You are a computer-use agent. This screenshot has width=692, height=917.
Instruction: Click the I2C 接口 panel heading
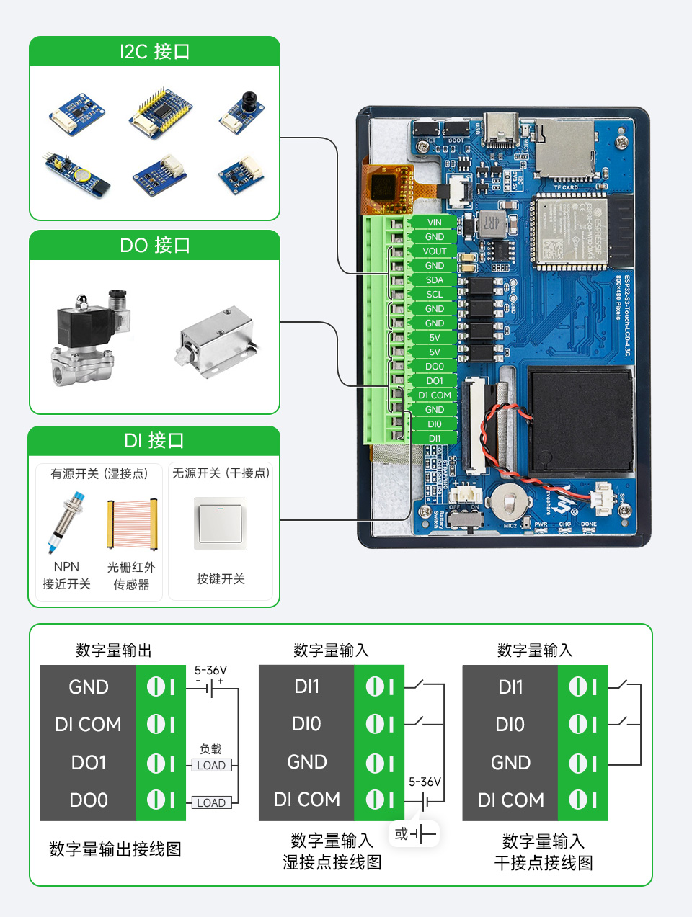coord(154,52)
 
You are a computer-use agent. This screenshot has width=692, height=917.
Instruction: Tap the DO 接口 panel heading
coord(154,246)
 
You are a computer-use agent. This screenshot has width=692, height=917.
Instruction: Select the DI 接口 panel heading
coord(154,441)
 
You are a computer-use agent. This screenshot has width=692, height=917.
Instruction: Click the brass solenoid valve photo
coord(90,337)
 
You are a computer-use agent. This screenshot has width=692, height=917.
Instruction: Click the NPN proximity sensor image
coord(66,522)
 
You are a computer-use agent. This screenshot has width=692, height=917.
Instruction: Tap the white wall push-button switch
coord(221,524)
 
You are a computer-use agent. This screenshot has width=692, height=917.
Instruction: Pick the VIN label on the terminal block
coord(434,223)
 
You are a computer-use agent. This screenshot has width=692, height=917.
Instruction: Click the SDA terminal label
coord(434,280)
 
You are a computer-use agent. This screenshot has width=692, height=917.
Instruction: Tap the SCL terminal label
coord(434,295)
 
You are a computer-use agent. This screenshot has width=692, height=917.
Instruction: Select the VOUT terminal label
coord(434,251)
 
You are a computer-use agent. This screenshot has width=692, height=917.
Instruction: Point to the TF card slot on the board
coord(564,150)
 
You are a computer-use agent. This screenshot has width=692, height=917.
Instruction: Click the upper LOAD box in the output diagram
coord(211,765)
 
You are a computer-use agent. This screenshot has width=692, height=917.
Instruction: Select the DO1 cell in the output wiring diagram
coord(89,762)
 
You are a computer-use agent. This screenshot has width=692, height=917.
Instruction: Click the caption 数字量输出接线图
coord(115,849)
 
